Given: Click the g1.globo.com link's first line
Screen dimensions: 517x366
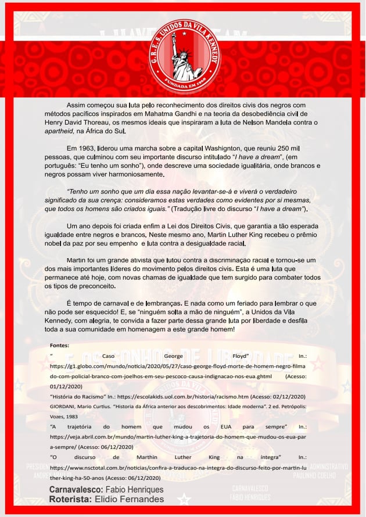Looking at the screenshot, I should pyautogui.click(x=178, y=367).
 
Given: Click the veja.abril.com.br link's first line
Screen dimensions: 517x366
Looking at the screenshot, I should pyautogui.click(x=178, y=437).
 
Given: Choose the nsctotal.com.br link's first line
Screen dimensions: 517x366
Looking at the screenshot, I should pyautogui.click(x=178, y=466).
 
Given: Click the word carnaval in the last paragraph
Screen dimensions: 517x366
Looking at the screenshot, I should pyautogui.click(x=116, y=303).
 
